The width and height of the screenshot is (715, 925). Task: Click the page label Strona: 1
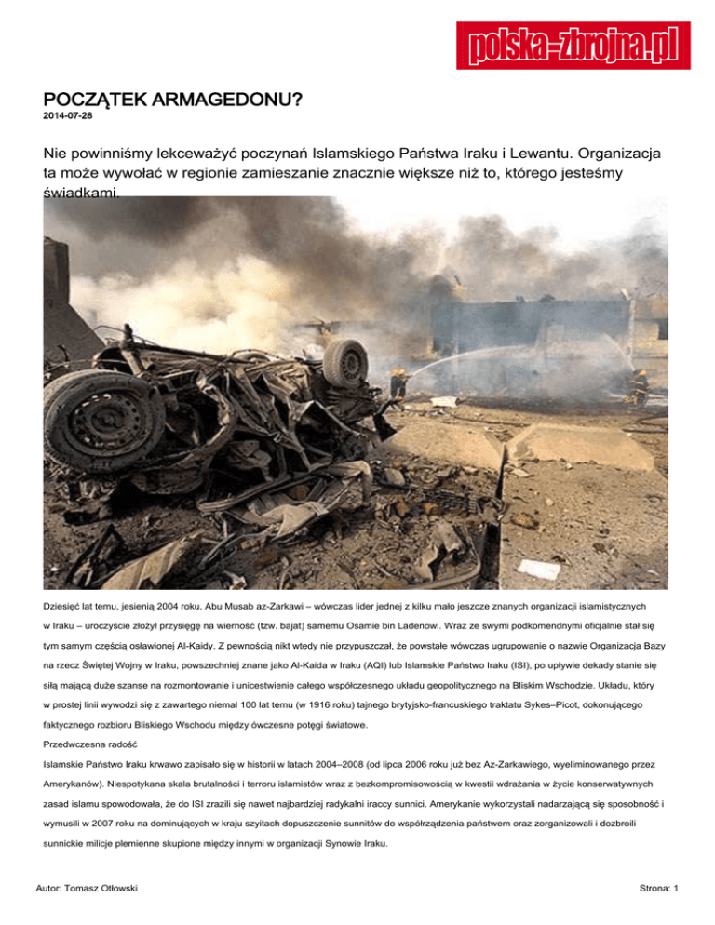pyautogui.click(x=656, y=891)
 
